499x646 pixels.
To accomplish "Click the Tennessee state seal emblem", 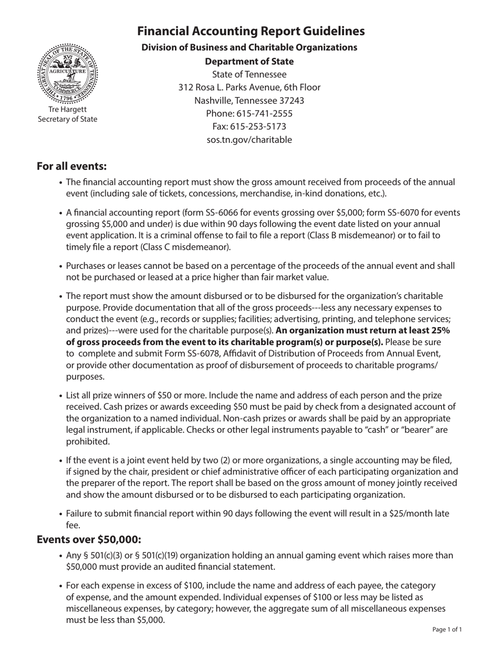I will click(67, 74).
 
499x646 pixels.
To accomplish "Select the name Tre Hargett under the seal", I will click(67, 109).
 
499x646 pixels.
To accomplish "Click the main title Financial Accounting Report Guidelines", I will click(251, 31).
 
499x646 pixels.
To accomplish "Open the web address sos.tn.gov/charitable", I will click(250, 140).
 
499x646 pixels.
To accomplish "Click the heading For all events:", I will click(71, 166).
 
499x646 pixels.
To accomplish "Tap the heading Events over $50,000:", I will click(89, 539).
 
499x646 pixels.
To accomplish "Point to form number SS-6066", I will click(228, 213).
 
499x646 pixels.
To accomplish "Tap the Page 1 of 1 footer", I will click(447, 629).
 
